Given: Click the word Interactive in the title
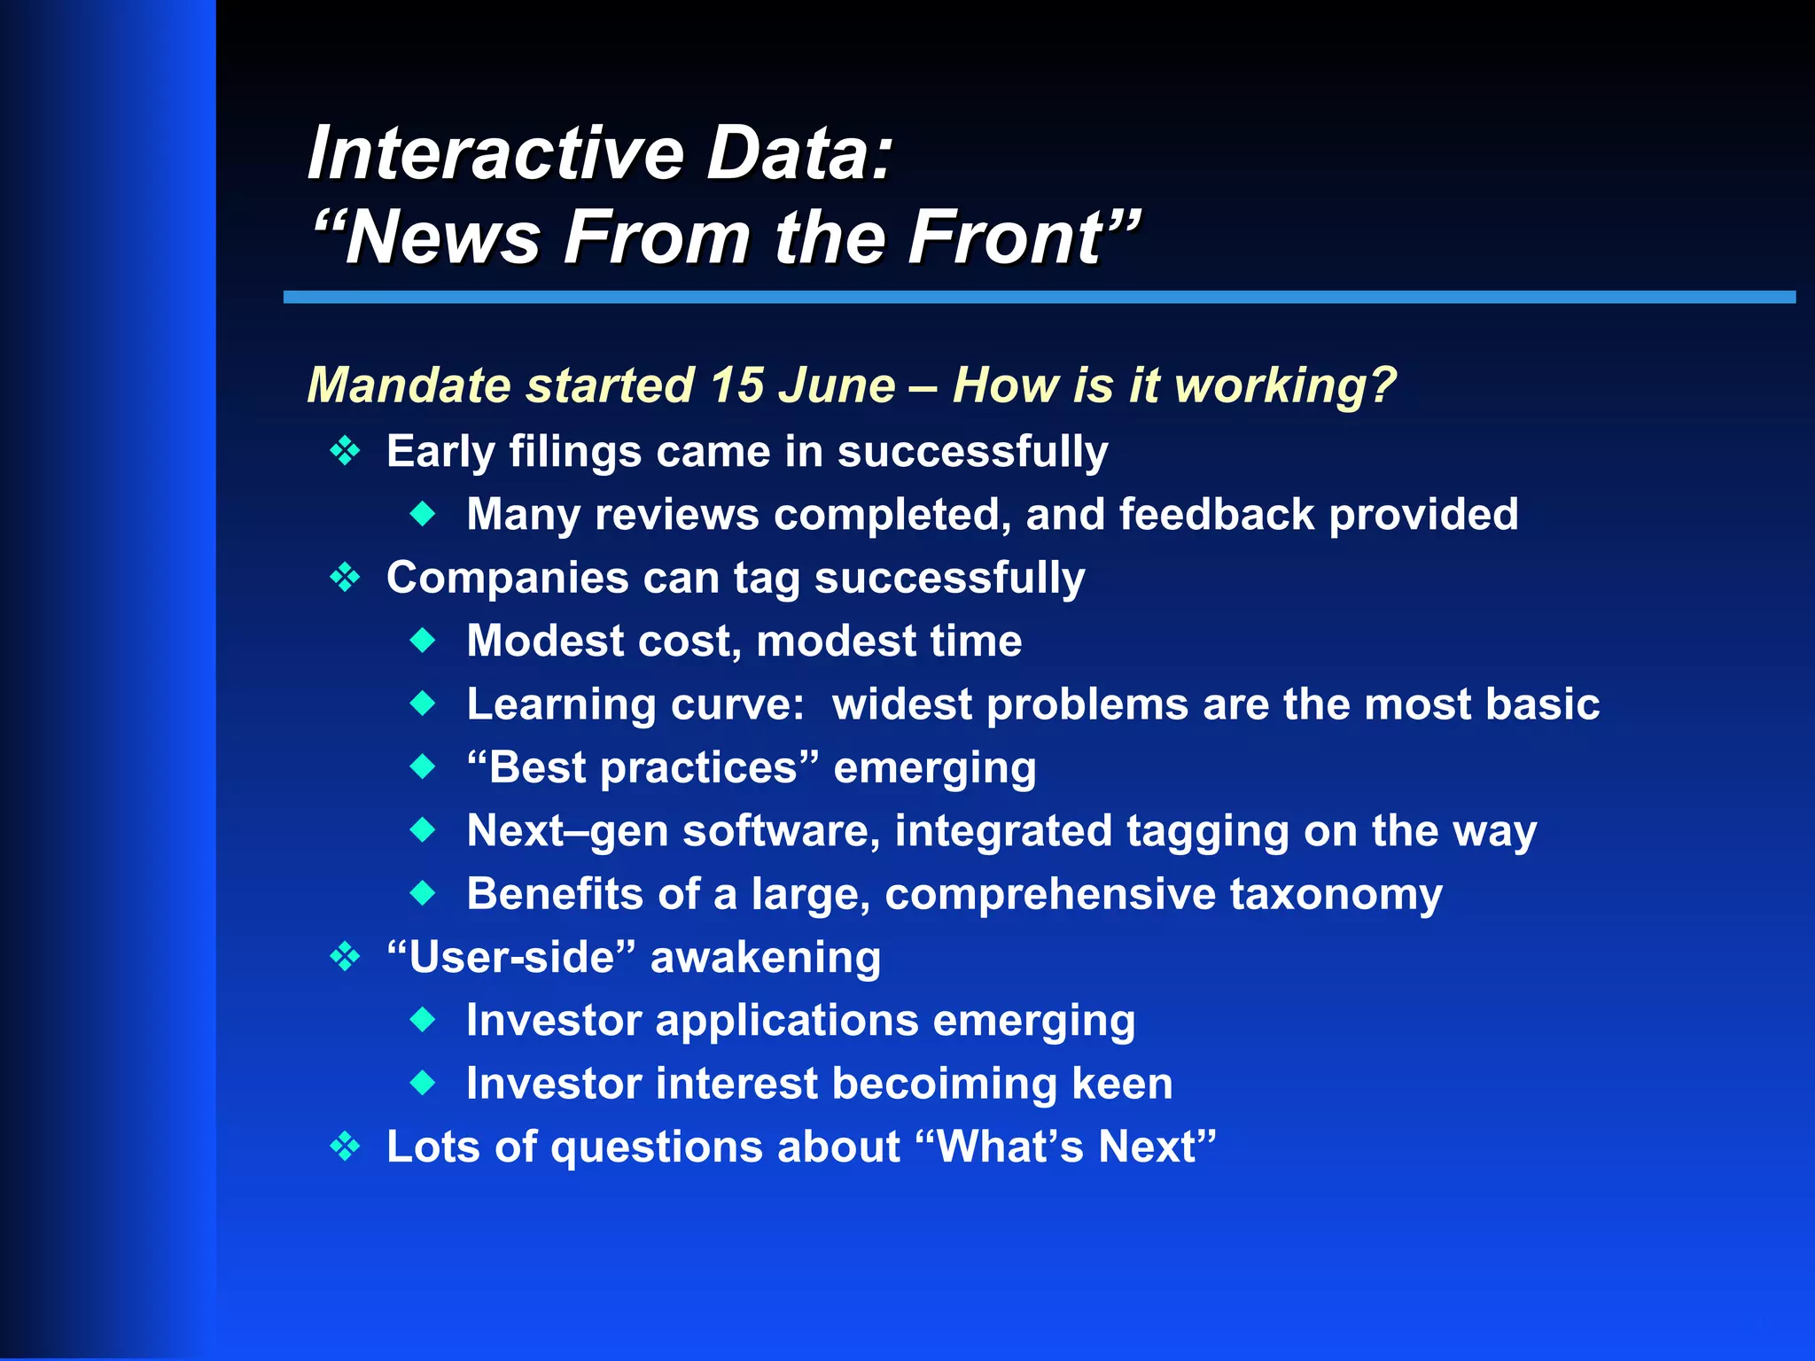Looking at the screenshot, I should coord(495,153).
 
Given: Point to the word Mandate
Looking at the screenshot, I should coord(409,385).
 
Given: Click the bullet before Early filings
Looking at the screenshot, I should coord(345,452).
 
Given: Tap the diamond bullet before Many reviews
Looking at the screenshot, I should coord(424,513).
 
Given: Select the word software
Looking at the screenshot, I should coord(781,831).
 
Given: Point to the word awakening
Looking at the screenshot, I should coord(766,958).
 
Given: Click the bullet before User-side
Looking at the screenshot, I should coord(345,957).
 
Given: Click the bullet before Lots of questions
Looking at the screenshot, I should coord(345,1147).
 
